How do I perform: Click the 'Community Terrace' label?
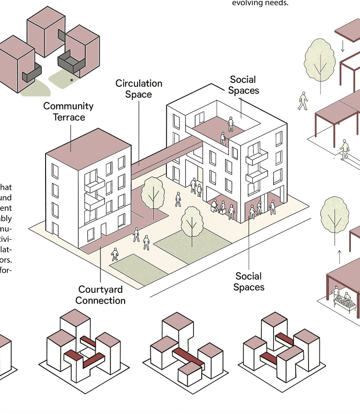(x=68, y=111)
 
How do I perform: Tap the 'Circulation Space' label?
(x=139, y=89)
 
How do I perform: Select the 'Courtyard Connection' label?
(x=100, y=295)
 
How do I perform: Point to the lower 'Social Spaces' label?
(x=249, y=282)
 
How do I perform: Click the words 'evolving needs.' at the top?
(x=260, y=3)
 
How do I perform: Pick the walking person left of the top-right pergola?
(x=303, y=101)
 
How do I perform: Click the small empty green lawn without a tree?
(x=138, y=269)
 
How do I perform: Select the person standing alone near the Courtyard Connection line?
(x=114, y=254)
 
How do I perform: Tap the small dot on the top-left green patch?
(x=71, y=79)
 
